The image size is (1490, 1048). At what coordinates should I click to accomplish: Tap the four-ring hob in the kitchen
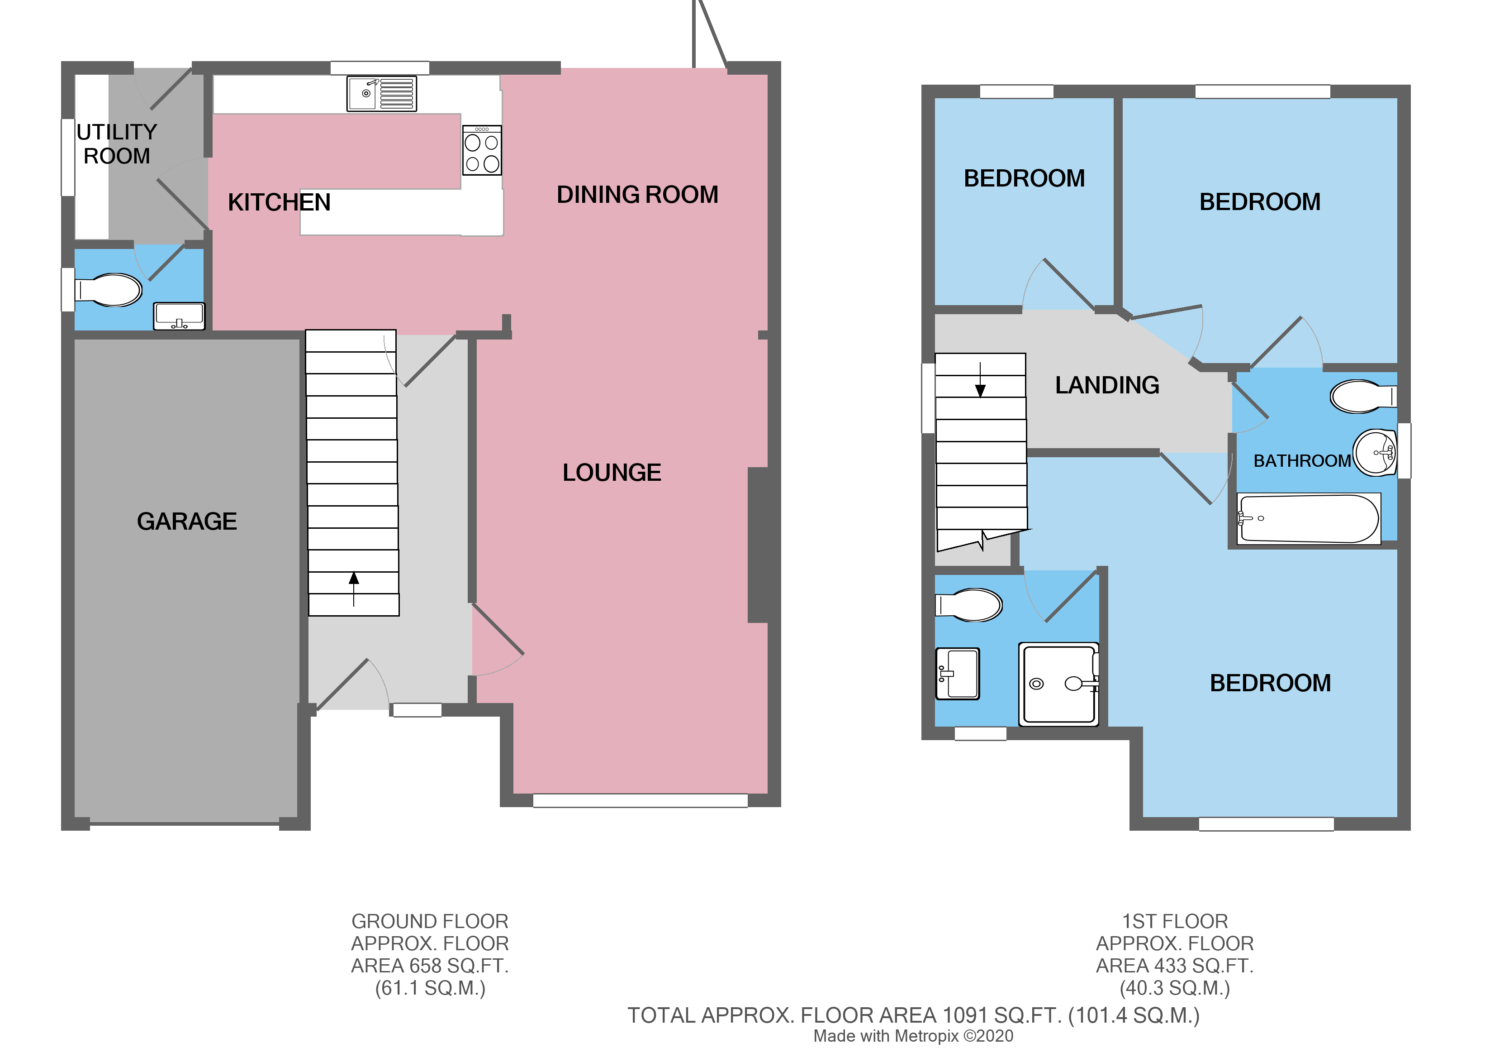point(482,151)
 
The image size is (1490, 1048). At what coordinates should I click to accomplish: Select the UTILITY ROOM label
point(117,144)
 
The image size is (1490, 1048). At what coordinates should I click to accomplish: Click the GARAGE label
point(187,522)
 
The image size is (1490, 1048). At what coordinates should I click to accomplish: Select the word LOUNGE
point(611,473)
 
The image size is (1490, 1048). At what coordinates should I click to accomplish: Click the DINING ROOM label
point(637,195)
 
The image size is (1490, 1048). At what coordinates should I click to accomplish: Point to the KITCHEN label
point(279,203)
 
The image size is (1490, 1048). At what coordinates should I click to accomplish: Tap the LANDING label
point(1107,386)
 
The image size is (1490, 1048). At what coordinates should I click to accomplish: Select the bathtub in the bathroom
point(1308,519)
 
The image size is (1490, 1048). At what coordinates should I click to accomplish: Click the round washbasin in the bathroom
point(1376,453)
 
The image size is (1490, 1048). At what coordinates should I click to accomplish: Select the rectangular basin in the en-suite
point(957,674)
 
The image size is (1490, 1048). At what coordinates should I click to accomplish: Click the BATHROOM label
point(1301,461)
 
